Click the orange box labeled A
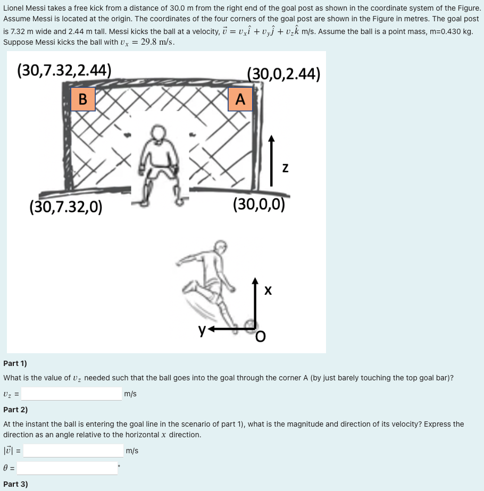pyautogui.click(x=240, y=99)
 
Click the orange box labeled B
pyautogui.click(x=83, y=99)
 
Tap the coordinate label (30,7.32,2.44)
pyautogui.click(x=64, y=70)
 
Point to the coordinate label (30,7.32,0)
pyautogui.click(x=66, y=206)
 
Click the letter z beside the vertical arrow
pyautogui.click(x=285, y=168)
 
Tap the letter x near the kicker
pyautogui.click(x=268, y=290)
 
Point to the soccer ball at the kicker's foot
pyautogui.click(x=248, y=324)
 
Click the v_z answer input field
pyautogui.click(x=72, y=394)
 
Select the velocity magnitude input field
pyautogui.click(x=73, y=451)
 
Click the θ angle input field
pyautogui.click(x=67, y=468)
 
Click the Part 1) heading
pyautogui.click(x=15, y=363)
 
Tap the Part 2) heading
pyautogui.click(x=15, y=410)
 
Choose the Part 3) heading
pyautogui.click(x=15, y=484)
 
